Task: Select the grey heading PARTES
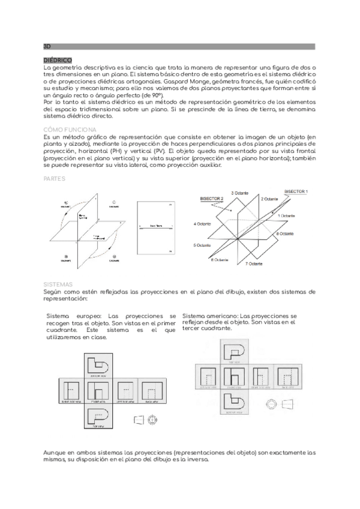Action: tap(55, 178)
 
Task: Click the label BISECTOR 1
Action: tap(296, 191)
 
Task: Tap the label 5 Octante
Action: tap(203, 245)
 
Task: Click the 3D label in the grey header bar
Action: tap(47, 46)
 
